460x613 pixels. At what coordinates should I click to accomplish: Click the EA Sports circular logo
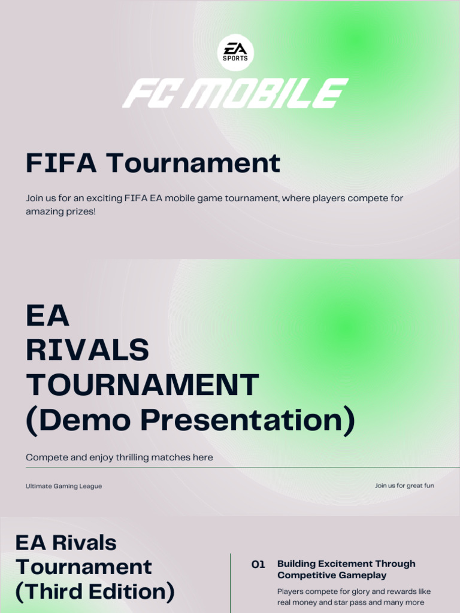click(235, 52)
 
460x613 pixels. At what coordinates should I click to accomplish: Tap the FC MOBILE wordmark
click(235, 93)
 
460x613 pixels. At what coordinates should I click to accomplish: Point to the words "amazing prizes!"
click(60, 212)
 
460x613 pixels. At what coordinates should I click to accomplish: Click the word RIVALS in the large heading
click(87, 350)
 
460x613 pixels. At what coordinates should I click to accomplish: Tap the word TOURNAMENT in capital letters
click(143, 385)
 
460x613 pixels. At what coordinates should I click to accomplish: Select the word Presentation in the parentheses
click(247, 420)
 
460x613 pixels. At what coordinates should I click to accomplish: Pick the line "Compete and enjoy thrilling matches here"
click(119, 457)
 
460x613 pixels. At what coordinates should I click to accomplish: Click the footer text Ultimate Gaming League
click(63, 486)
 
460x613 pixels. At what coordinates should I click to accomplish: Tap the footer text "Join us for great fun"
click(404, 485)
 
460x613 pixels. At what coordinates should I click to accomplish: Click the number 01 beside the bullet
click(258, 565)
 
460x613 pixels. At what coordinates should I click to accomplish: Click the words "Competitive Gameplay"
click(332, 575)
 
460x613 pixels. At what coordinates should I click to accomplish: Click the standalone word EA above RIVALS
click(48, 315)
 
